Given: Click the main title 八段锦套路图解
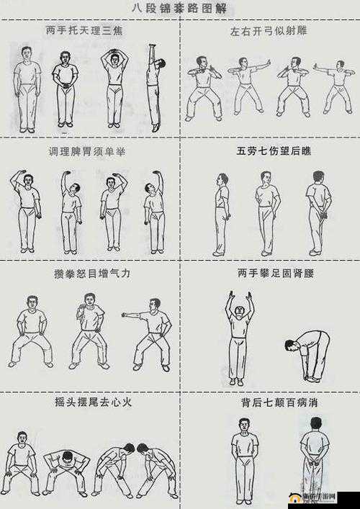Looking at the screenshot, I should [x=180, y=9].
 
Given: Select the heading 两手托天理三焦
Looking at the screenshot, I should [x=89, y=30].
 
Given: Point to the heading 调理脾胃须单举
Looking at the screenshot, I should [x=89, y=153].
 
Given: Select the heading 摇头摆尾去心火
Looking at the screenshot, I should [x=89, y=401].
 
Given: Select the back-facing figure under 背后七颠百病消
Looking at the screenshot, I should [x=313, y=461].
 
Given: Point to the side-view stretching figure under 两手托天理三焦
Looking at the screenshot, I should [x=155, y=86].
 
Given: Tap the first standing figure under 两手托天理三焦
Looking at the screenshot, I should [x=26, y=90].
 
